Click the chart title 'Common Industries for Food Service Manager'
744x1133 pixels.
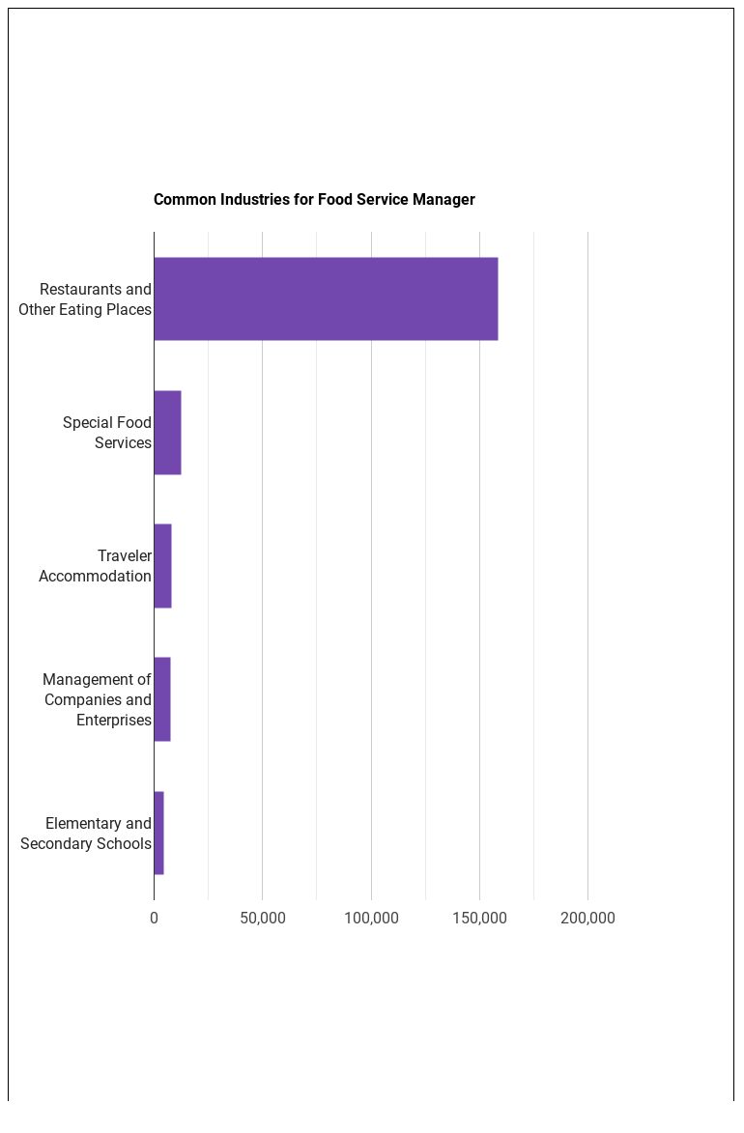(314, 200)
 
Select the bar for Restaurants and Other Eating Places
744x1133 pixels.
(326, 299)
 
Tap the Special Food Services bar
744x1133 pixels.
(167, 433)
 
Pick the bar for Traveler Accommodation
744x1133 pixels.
(162, 566)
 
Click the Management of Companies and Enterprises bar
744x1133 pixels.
(162, 699)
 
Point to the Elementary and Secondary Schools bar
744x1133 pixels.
(158, 833)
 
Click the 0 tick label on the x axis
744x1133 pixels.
(154, 919)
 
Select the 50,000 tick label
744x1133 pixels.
(262, 919)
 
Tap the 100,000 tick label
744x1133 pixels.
(371, 919)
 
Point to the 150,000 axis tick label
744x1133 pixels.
(479, 919)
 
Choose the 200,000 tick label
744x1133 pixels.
(587, 919)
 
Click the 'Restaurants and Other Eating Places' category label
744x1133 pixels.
(85, 299)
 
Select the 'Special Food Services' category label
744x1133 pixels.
(107, 433)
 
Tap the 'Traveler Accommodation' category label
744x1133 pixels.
(96, 566)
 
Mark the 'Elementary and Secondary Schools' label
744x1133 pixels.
(86, 834)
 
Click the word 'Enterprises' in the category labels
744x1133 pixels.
(114, 721)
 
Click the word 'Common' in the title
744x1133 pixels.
(185, 200)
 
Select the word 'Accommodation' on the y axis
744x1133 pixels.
(96, 577)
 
